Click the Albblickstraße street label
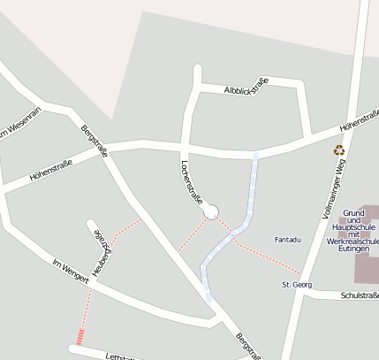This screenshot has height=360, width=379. pyautogui.click(x=246, y=86)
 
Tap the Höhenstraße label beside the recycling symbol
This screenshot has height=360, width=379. pyautogui.click(x=359, y=126)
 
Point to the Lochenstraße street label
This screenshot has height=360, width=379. pyautogui.click(x=192, y=181)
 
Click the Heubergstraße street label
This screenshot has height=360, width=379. pyautogui.click(x=102, y=255)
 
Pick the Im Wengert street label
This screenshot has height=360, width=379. pyautogui.click(x=72, y=272)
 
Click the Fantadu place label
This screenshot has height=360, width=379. pyautogui.click(x=288, y=240)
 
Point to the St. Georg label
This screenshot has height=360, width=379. pyautogui.click(x=297, y=285)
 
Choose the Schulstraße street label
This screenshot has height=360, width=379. pyautogui.click(x=359, y=295)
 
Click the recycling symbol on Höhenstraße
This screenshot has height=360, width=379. pyautogui.click(x=338, y=150)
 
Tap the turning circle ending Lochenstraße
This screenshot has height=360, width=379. pyautogui.click(x=210, y=212)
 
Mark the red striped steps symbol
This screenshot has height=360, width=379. pyautogui.click(x=80, y=336)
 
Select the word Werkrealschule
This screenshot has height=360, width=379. pyautogui.click(x=352, y=241)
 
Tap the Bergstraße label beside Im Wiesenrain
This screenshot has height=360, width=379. pyautogui.click(x=94, y=141)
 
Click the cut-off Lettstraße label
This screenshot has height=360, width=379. pyautogui.click(x=119, y=356)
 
